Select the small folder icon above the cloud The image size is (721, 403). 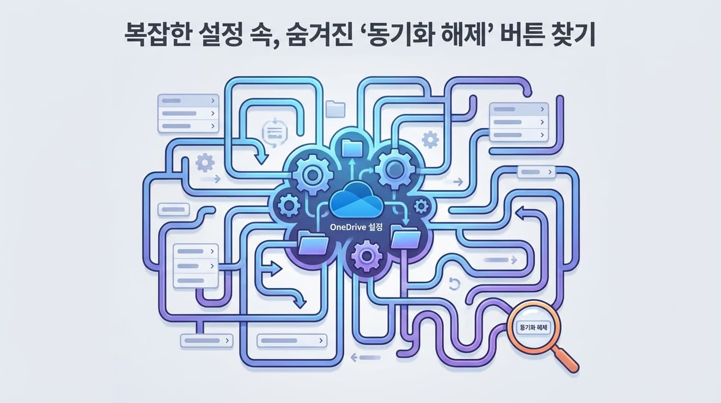[335, 108]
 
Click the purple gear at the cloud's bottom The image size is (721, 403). [367, 257]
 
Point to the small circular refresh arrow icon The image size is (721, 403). [454, 284]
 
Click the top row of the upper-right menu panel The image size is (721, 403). [518, 109]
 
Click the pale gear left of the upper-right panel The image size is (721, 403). [430, 139]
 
